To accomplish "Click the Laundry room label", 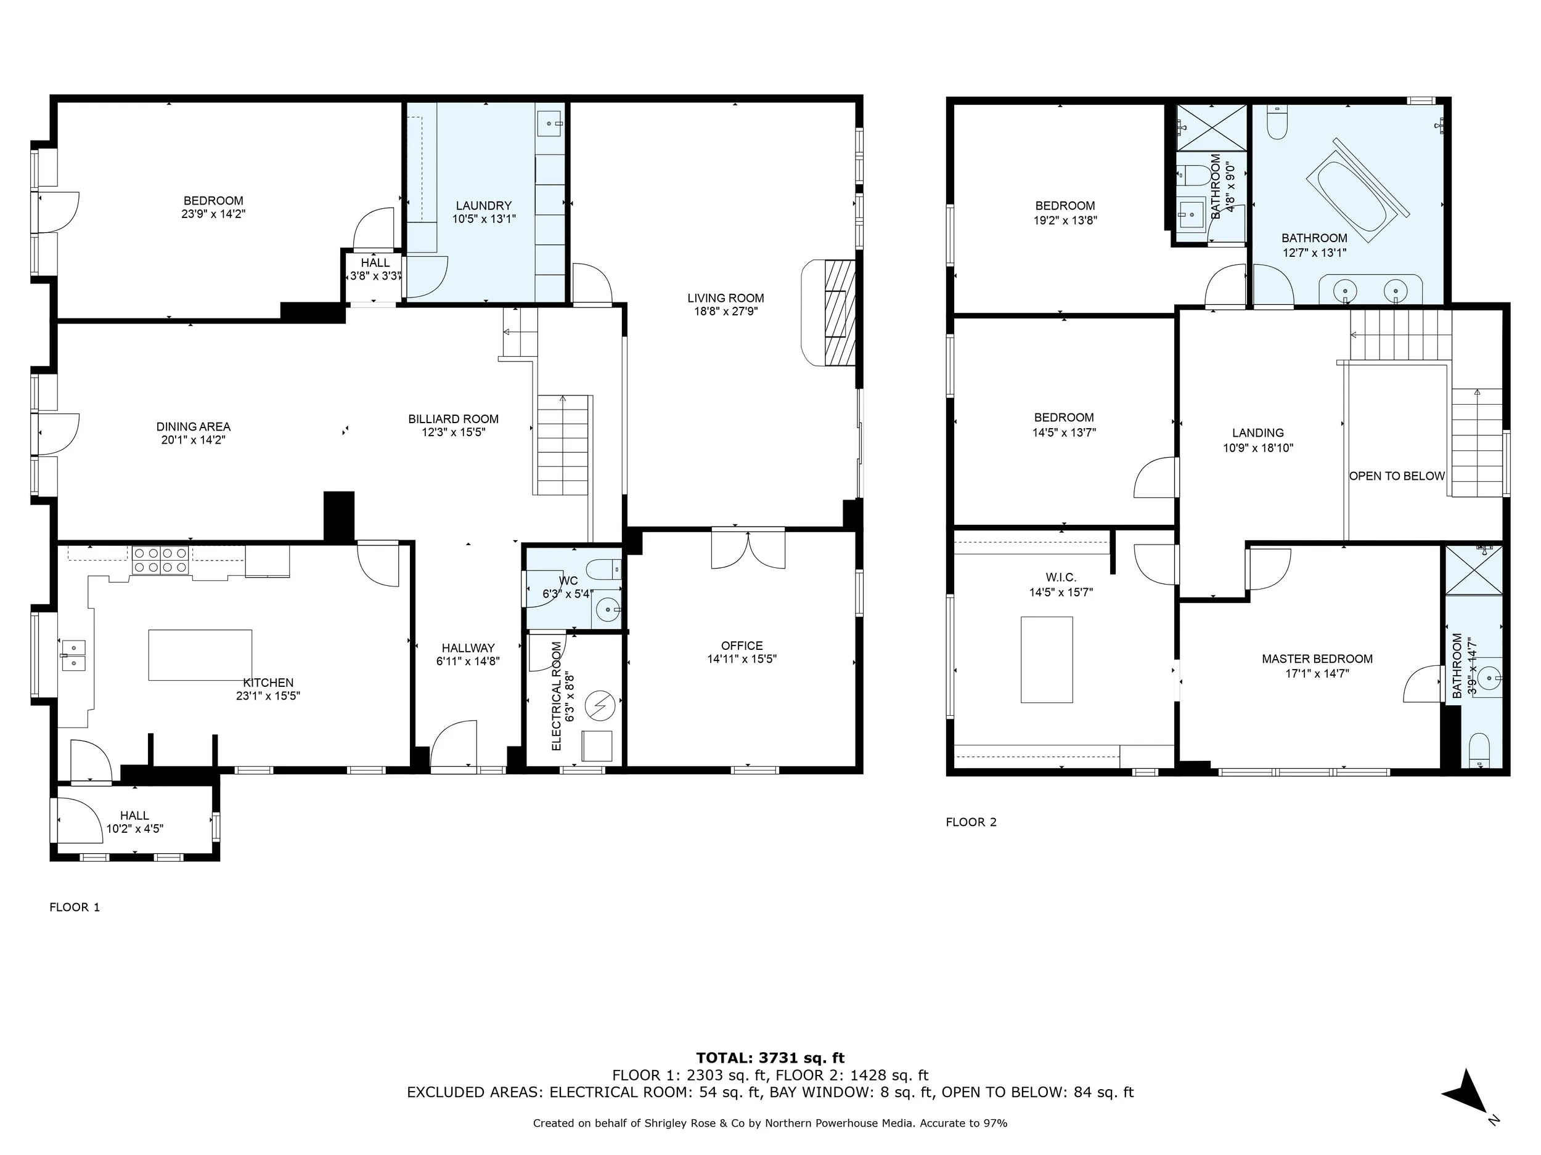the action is (483, 205).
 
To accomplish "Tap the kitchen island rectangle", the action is (200, 655).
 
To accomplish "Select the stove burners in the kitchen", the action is (160, 561).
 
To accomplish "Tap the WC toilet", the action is (604, 570).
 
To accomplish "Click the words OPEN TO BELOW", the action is (1397, 476).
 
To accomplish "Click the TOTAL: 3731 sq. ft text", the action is (770, 1059).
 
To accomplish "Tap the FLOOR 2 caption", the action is (971, 822).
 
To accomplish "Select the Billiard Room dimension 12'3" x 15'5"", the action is (454, 432).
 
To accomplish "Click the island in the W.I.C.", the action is (1047, 659).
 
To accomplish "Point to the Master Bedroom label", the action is (1317, 659).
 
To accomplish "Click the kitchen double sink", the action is (73, 655).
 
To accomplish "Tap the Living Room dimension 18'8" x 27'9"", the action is (726, 312).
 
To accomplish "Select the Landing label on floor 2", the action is (1258, 433).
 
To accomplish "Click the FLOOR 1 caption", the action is (75, 907).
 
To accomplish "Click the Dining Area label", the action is (193, 427).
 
